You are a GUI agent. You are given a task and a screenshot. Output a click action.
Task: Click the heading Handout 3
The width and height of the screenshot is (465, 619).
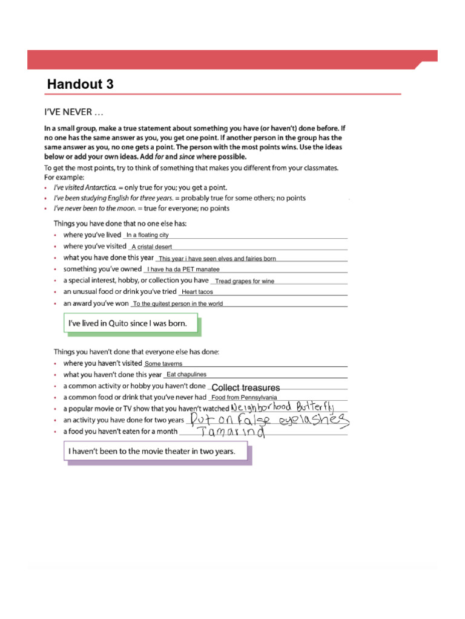[81, 84]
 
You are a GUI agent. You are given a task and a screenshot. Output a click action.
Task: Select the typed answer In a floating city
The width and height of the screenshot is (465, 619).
[147, 235]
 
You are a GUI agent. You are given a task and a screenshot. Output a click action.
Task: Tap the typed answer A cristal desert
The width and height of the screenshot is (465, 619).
[152, 247]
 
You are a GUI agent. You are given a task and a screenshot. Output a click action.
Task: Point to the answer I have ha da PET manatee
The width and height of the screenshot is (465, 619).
[183, 270]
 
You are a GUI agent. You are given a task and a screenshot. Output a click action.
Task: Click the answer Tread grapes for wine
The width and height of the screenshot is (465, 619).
[245, 281]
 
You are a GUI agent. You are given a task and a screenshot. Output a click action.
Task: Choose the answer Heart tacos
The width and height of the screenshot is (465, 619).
[197, 292]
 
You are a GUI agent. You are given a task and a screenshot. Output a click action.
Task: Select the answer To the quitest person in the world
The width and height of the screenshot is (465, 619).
[178, 304]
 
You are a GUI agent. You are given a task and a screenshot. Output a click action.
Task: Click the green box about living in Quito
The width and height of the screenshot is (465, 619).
[131, 324]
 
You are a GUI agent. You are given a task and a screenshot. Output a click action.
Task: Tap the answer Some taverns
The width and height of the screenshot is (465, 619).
[163, 364]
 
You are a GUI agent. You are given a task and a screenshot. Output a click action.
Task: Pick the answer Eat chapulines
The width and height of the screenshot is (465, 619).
[186, 375]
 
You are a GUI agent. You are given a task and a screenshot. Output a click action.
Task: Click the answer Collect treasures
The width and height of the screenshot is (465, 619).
[245, 387]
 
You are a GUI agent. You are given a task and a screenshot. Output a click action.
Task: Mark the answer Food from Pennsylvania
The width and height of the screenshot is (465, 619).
[244, 398]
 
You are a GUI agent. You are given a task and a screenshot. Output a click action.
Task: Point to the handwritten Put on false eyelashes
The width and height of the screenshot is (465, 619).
[269, 420]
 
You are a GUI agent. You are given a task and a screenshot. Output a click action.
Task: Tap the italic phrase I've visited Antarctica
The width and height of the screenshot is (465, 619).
[84, 188]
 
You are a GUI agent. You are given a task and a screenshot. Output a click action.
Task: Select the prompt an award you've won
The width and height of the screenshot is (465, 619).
[96, 303]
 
